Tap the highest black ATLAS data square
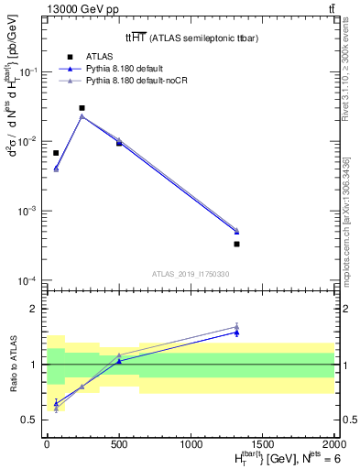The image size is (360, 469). pyautogui.click(x=82, y=108)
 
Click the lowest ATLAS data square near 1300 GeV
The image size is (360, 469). pyautogui.click(x=236, y=244)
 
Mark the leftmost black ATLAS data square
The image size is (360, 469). pyautogui.click(x=56, y=153)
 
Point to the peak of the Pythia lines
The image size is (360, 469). pyautogui.click(x=82, y=116)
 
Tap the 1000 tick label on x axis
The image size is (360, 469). pyautogui.click(x=191, y=443)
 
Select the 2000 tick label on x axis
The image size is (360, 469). pyautogui.click(x=334, y=443)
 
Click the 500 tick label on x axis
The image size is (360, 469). pyautogui.click(x=119, y=443)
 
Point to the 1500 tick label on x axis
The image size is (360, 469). pyautogui.click(x=263, y=443)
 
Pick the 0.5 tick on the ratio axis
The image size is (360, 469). pyautogui.click(x=32, y=420)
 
